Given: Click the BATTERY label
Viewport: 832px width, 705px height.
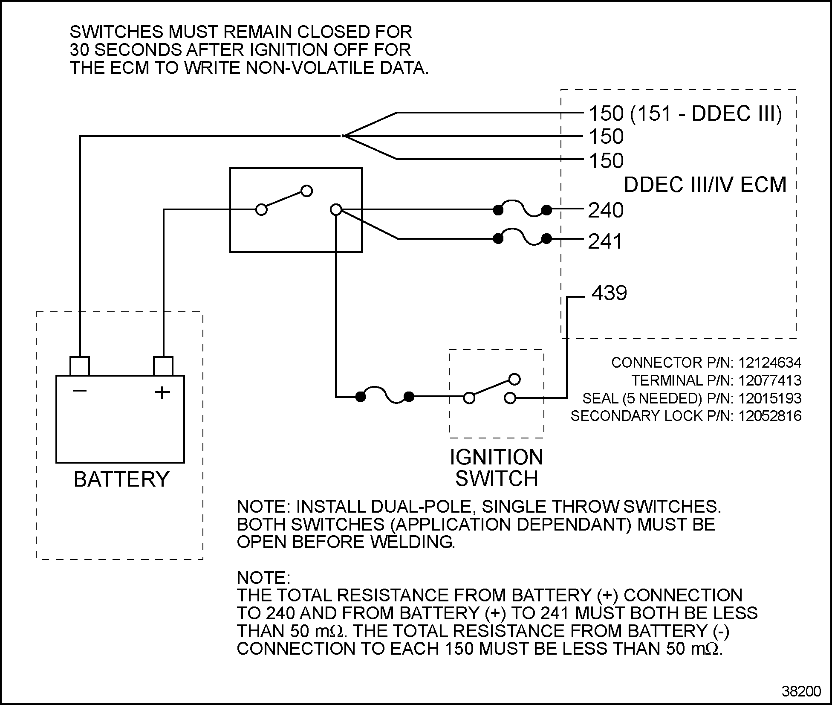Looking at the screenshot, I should point(121,479).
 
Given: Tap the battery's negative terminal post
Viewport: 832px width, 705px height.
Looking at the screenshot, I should point(80,366).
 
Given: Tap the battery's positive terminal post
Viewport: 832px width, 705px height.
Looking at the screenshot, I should point(163,366).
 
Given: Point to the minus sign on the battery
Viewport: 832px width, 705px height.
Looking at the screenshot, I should point(80,390).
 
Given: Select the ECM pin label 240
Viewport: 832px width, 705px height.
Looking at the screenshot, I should point(606,210).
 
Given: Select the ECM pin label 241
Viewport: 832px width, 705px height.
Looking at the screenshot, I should point(605,242).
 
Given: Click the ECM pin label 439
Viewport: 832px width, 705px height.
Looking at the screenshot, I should point(610,293).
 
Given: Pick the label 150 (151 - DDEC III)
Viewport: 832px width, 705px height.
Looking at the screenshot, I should point(685,113).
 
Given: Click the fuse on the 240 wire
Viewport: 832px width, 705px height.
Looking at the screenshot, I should point(522,209).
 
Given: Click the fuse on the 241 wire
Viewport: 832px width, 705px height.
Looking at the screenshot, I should point(522,238).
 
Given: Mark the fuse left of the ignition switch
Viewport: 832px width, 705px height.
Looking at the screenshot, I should point(385,396).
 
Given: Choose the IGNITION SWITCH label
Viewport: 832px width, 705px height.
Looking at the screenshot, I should point(497,468).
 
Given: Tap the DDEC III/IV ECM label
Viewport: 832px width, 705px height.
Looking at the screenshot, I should point(705,185).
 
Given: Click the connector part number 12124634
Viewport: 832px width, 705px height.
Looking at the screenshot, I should point(770,363).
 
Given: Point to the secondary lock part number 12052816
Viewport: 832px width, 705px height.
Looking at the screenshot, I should point(770,416).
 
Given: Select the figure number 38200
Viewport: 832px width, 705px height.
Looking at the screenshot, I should point(801,691).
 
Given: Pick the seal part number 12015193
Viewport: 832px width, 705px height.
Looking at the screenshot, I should point(770,398).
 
